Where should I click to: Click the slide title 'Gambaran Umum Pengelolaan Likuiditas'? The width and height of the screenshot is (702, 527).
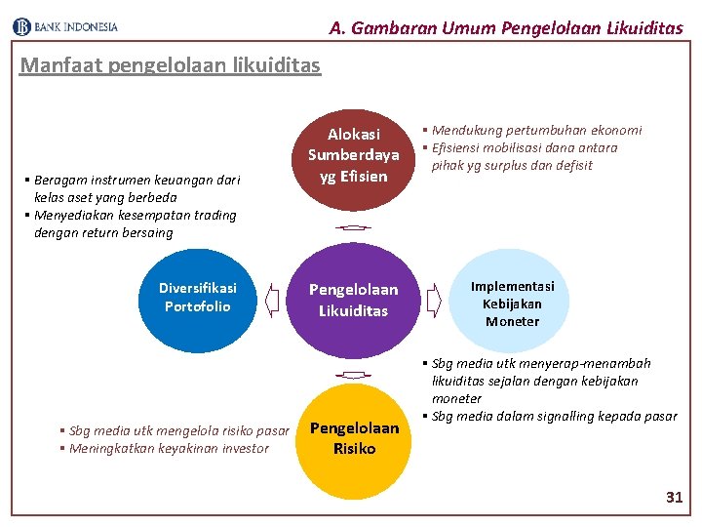[506, 27]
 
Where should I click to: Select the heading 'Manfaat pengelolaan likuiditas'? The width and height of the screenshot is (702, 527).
[170, 65]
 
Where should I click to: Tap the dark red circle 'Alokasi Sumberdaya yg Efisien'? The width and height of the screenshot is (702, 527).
[354, 155]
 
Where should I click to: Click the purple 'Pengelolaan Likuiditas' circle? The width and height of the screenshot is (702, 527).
[354, 300]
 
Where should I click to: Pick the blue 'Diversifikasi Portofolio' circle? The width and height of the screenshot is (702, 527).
[198, 298]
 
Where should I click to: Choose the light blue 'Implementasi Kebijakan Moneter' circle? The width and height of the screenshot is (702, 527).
[512, 303]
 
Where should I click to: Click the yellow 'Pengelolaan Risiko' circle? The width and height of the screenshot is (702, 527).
[354, 439]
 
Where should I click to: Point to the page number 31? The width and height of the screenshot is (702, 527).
[674, 498]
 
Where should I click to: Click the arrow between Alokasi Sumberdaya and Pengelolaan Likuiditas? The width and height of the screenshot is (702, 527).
[353, 226]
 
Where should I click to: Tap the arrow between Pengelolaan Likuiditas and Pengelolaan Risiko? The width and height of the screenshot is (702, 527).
[353, 375]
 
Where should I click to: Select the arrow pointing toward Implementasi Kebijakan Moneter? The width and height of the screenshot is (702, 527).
[434, 300]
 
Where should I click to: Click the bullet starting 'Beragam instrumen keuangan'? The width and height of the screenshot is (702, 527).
[136, 188]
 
